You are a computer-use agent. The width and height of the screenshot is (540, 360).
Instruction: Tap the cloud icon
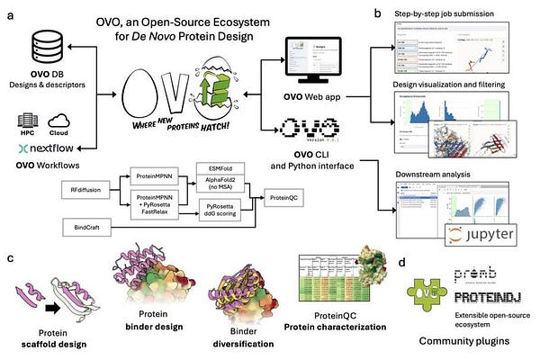tap(63, 120)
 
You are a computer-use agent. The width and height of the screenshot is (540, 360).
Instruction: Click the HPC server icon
tap(29, 120)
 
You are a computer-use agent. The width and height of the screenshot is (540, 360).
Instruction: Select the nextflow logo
tap(45, 146)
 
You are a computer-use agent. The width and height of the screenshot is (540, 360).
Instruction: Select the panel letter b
tap(377, 13)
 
